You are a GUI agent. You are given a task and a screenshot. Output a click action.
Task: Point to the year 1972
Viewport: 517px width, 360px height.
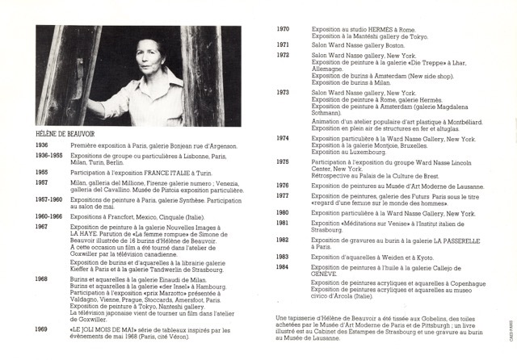[284, 54]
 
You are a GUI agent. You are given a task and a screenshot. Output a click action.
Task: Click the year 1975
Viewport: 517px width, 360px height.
[284, 162]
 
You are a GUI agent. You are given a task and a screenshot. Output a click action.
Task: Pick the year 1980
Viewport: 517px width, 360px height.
[284, 212]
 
